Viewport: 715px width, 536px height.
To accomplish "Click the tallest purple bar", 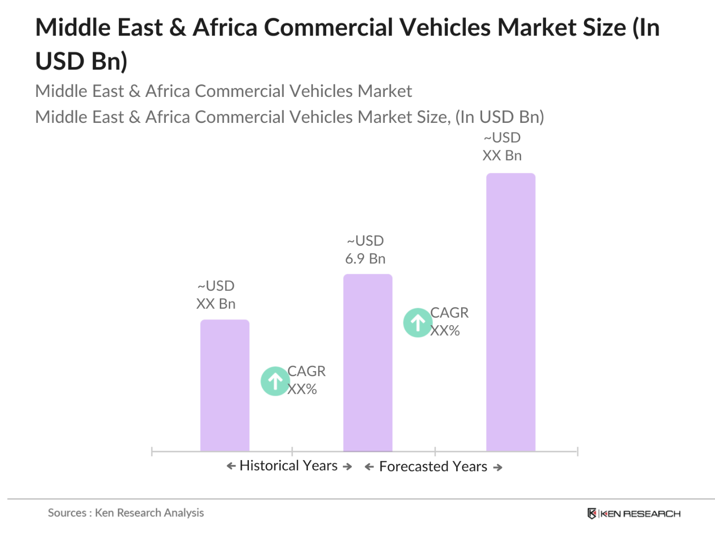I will (x=510, y=312).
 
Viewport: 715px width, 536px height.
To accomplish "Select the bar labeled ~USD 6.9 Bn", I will (x=367, y=363).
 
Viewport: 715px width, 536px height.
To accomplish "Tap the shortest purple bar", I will (x=224, y=385).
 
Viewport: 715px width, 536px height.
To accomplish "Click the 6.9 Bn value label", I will (x=365, y=259).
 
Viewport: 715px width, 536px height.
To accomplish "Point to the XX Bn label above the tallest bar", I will (x=502, y=155).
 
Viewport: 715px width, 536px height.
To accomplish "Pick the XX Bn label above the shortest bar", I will (x=215, y=304).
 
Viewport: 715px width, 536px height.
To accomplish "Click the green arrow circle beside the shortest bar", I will (x=275, y=381).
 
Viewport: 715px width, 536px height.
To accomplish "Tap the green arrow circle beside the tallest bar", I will (x=418, y=323).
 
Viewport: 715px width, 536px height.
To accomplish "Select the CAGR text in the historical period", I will (x=306, y=371).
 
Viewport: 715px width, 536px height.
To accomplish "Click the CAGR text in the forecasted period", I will (x=449, y=313).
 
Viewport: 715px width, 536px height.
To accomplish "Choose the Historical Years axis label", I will (x=288, y=466).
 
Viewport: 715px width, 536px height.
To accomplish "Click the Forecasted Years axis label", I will (x=433, y=467).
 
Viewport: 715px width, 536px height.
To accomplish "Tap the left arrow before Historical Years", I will (x=231, y=466).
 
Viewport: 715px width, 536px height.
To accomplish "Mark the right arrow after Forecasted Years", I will (x=498, y=468).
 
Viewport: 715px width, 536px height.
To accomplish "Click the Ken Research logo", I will (x=634, y=514).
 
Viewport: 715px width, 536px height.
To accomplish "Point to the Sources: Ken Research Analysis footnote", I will (x=125, y=513).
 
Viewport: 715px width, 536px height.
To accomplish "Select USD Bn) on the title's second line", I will (x=81, y=61).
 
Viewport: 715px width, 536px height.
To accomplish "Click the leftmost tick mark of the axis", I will (x=152, y=452).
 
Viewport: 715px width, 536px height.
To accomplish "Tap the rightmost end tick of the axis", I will (x=578, y=452).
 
